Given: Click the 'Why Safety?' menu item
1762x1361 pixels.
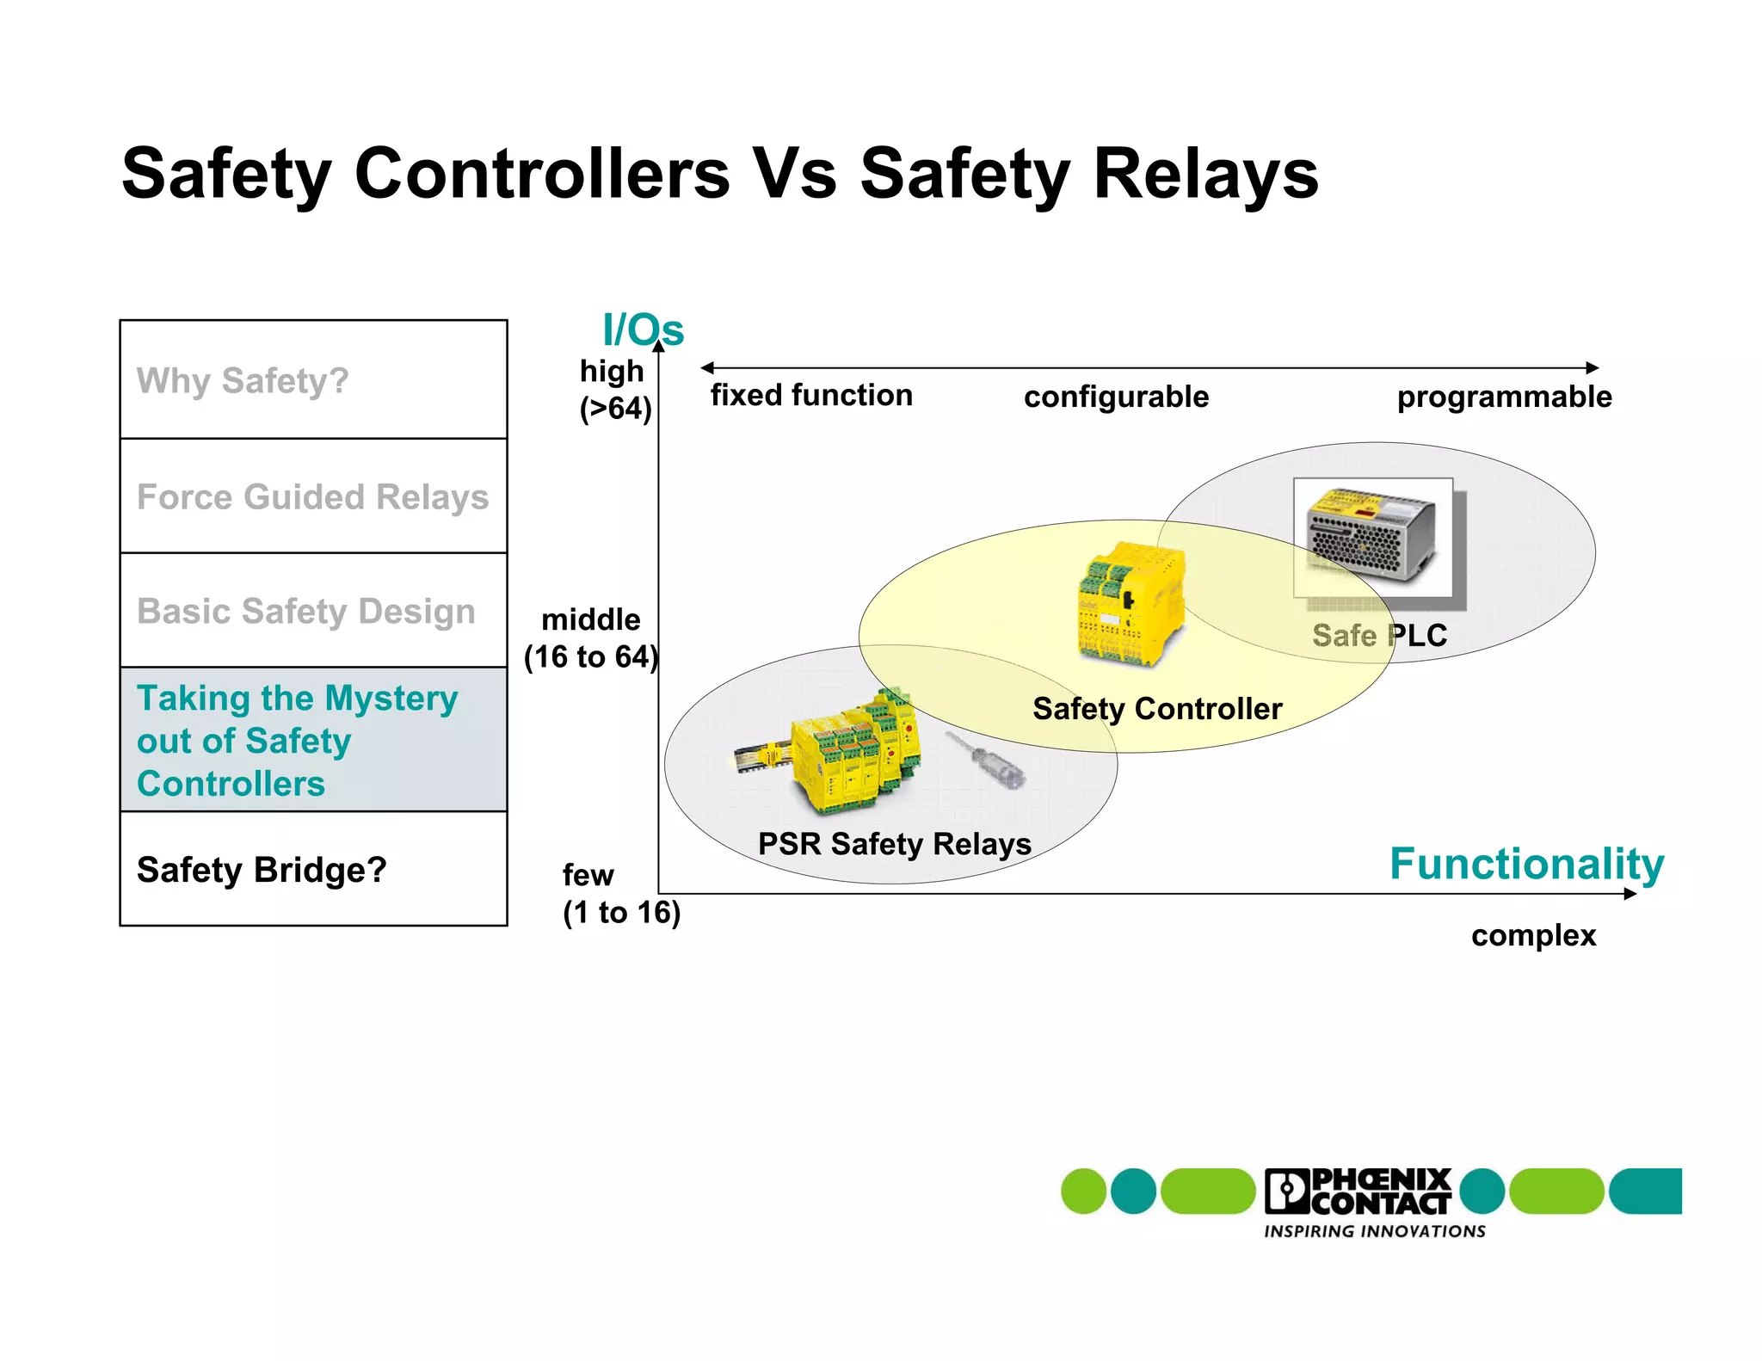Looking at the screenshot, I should coord(243,380).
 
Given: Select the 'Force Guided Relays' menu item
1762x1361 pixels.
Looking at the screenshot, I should coord(312,497).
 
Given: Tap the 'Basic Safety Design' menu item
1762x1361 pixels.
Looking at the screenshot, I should coord(305,612).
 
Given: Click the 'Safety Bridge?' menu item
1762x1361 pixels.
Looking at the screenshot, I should coord(262,870).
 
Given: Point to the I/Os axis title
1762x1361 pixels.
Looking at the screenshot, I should coord(643,330).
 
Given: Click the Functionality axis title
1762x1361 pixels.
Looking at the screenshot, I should coord(1527,864).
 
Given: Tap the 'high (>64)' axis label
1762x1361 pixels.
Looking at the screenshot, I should coord(614,390).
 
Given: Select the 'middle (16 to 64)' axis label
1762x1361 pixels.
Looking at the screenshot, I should coord(591,638).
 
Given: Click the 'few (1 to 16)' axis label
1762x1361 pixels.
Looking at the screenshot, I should coord(620,894).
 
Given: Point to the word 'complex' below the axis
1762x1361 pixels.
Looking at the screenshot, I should coord(1533,935).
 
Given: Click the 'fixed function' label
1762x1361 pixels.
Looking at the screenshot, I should coord(810,396).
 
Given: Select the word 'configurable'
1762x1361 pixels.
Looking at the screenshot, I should coord(1116,397).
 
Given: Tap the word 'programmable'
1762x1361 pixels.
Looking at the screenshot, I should coord(1504,397).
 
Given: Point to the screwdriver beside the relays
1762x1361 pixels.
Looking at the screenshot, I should coord(987,760).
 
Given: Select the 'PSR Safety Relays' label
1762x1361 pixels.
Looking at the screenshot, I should coord(894,844).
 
